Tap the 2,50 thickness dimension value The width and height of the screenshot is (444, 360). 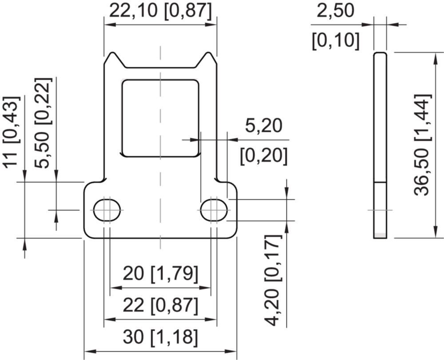pyautogui.click(x=335, y=11)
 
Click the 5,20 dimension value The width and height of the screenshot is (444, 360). pyautogui.click(x=264, y=126)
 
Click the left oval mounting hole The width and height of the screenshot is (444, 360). pyautogui.click(x=107, y=210)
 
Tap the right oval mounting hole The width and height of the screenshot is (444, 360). pyautogui.click(x=214, y=210)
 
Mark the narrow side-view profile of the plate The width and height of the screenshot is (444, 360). pyautogui.click(x=380, y=145)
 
